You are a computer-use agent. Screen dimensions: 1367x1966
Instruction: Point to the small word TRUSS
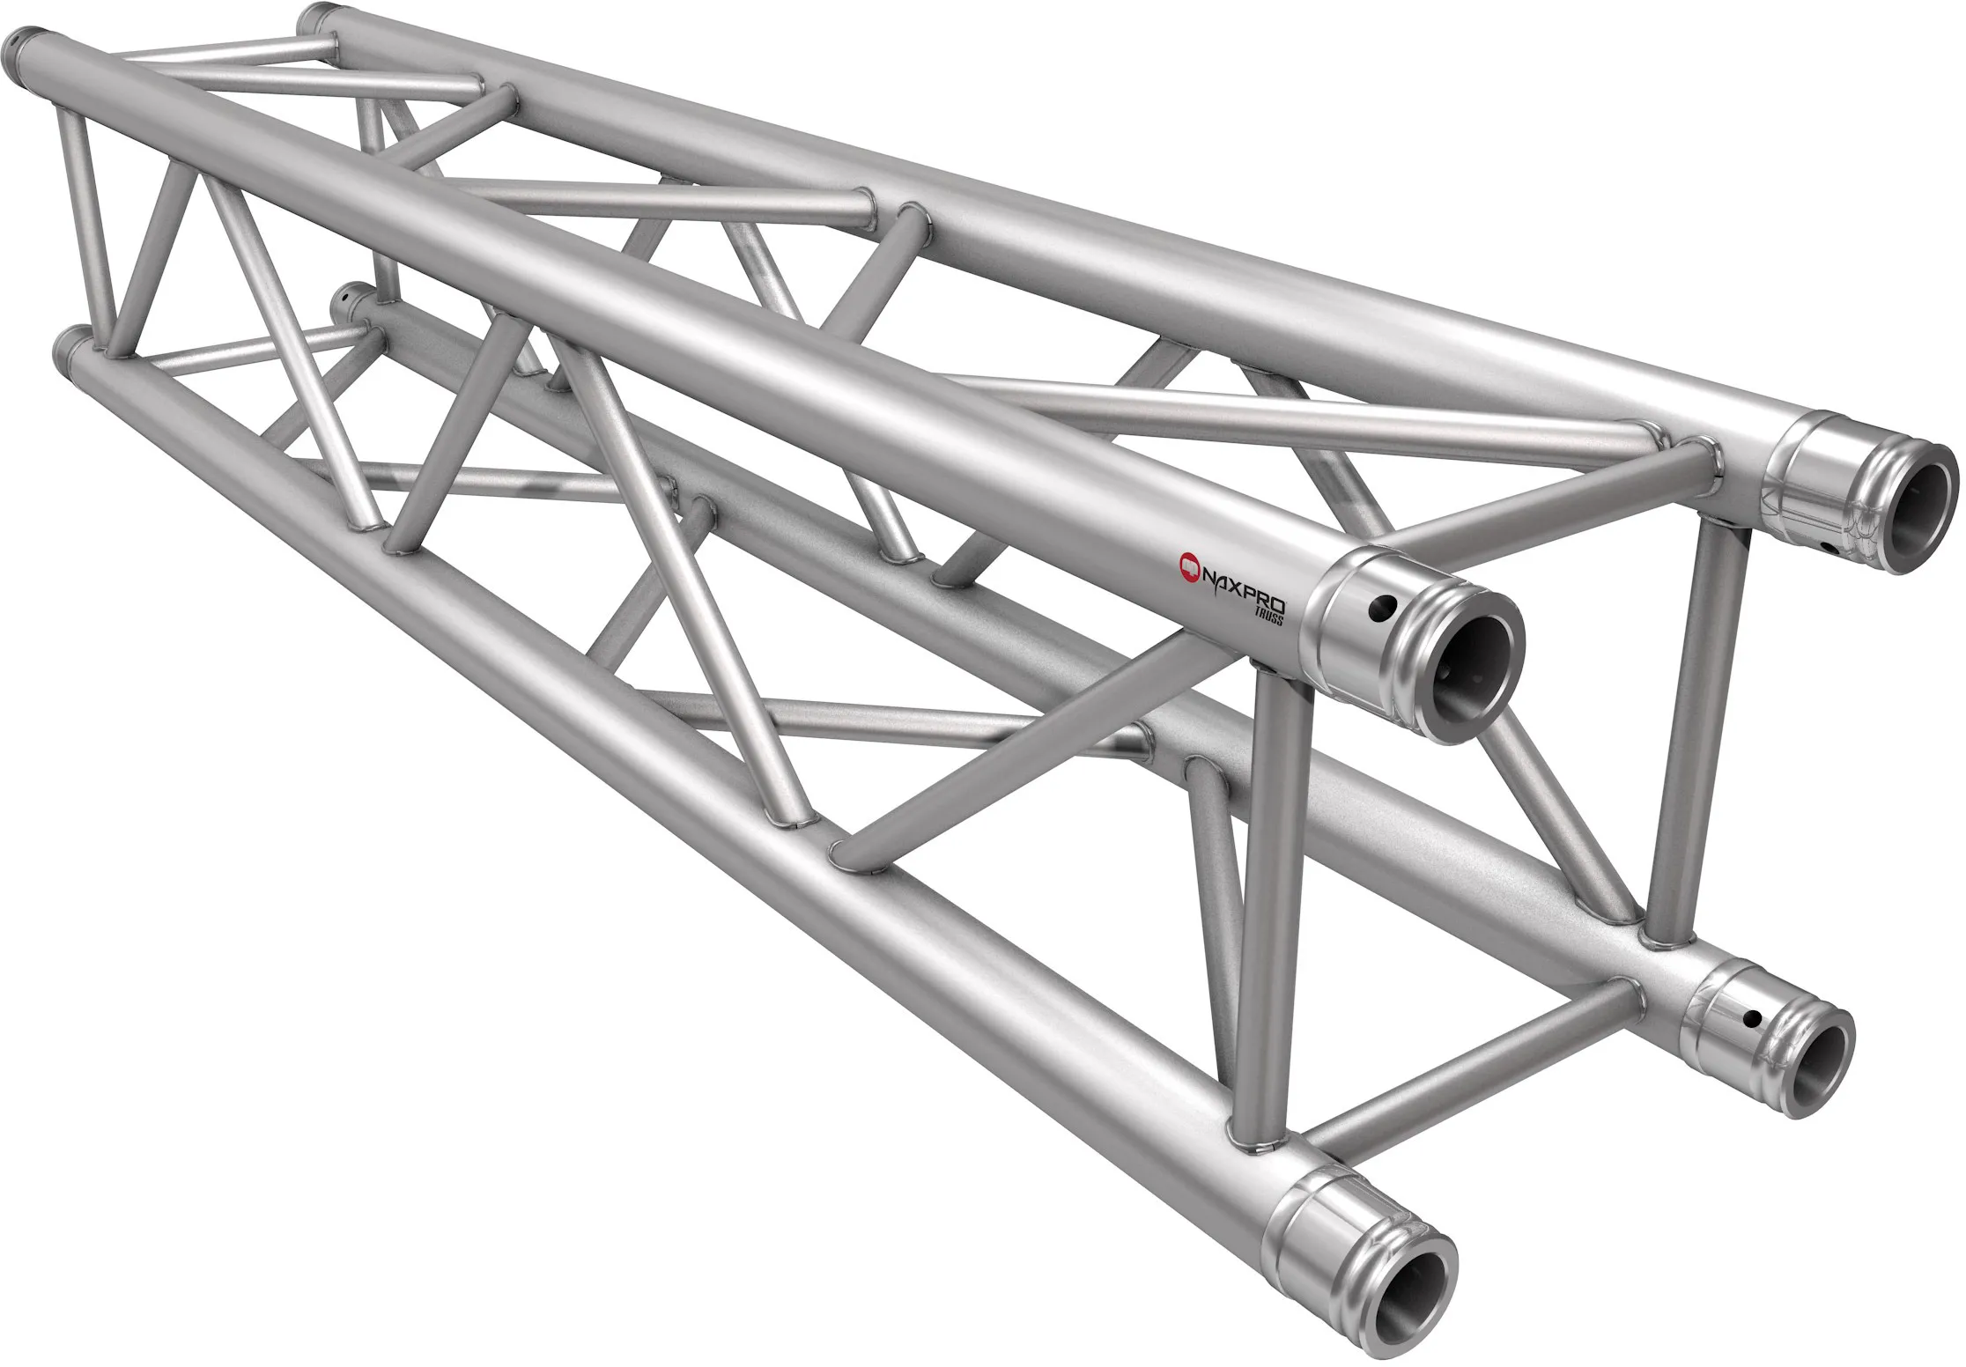coord(1273,616)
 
